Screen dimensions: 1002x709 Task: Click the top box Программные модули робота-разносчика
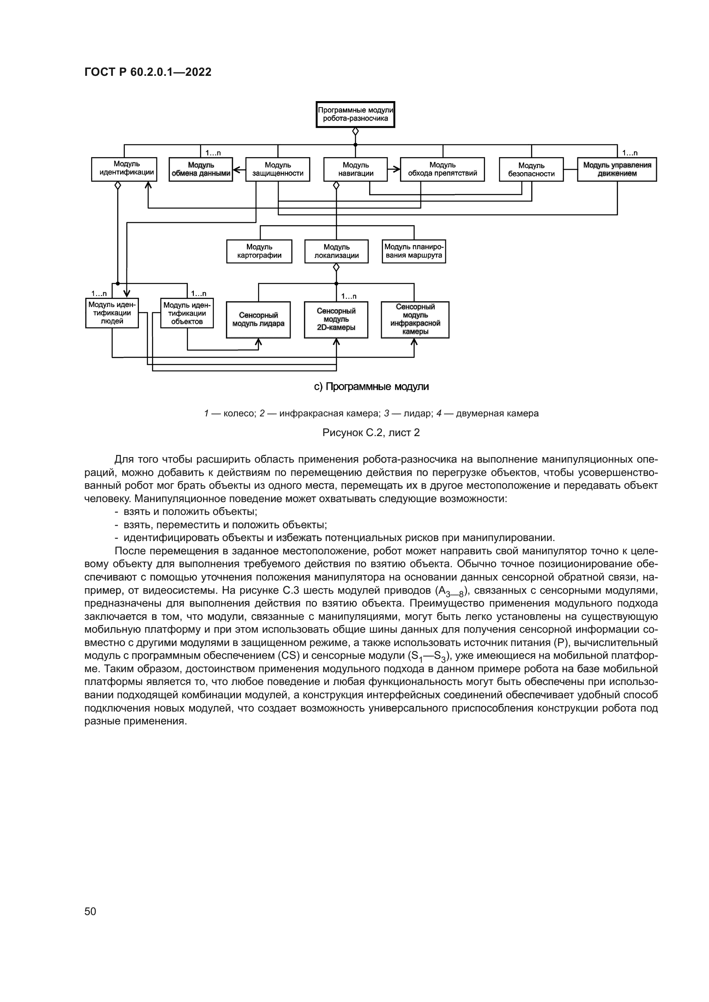(x=355, y=114)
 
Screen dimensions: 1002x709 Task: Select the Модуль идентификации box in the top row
(x=124, y=169)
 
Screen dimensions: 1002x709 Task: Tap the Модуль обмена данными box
(x=201, y=169)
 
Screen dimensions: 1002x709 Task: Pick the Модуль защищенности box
(x=278, y=169)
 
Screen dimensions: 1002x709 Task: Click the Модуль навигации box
(x=355, y=169)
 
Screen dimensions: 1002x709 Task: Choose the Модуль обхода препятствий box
(x=442, y=169)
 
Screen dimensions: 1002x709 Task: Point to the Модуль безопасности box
(x=531, y=169)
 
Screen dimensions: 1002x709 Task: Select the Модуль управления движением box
(x=617, y=169)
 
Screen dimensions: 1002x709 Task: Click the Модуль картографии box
(x=259, y=251)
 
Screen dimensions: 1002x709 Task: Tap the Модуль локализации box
(x=336, y=251)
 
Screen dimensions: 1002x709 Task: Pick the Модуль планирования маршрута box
(x=414, y=251)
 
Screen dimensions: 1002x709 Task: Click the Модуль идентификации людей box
(x=112, y=313)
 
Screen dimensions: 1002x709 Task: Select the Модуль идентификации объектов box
(x=187, y=313)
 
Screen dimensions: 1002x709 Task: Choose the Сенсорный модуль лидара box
(x=258, y=320)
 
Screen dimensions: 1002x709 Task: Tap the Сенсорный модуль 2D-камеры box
(x=336, y=320)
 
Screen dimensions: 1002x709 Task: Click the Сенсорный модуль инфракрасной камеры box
(x=415, y=320)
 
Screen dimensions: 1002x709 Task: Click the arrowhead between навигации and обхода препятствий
(x=397, y=169)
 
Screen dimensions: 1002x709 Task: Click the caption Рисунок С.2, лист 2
(x=371, y=433)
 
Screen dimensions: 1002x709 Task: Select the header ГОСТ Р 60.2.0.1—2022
(x=148, y=72)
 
